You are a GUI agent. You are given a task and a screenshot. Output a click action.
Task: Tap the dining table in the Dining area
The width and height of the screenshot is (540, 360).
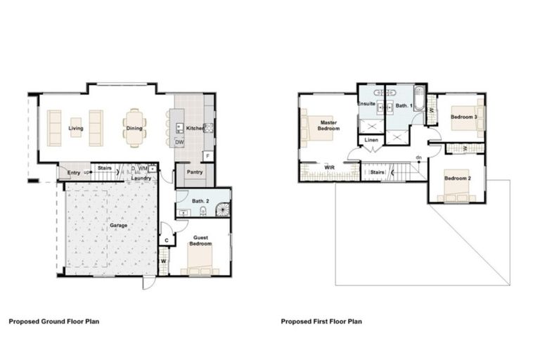pyautogui.click(x=134, y=127)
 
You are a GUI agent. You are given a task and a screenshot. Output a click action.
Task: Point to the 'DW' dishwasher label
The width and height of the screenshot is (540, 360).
pyautogui.click(x=181, y=142)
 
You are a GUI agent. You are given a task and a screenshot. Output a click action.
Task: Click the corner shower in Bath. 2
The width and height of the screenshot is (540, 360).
pyautogui.click(x=222, y=209)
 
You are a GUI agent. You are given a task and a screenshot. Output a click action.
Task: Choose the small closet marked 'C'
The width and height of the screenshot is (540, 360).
pyautogui.click(x=167, y=240)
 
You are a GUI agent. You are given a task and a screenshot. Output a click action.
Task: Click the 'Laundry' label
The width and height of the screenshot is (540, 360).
pyautogui.click(x=142, y=176)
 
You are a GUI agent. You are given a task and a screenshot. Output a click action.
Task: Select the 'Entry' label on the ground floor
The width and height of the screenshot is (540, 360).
pyautogui.click(x=74, y=172)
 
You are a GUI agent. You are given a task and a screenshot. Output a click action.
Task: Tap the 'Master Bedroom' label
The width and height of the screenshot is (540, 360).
pyautogui.click(x=328, y=124)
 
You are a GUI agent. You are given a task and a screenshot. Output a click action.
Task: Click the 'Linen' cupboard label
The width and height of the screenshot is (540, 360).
pyautogui.click(x=372, y=140)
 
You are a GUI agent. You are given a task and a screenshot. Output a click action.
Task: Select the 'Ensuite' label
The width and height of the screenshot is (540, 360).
pyautogui.click(x=366, y=104)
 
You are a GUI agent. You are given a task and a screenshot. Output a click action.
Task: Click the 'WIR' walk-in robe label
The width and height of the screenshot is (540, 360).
pyautogui.click(x=329, y=167)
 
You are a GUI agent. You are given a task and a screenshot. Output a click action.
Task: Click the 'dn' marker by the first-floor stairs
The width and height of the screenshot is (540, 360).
pyautogui.click(x=418, y=157)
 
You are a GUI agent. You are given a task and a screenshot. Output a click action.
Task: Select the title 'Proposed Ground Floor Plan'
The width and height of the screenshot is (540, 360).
pyautogui.click(x=54, y=321)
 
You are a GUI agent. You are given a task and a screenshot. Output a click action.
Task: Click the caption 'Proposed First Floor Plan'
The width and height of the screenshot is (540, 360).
pyautogui.click(x=321, y=321)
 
